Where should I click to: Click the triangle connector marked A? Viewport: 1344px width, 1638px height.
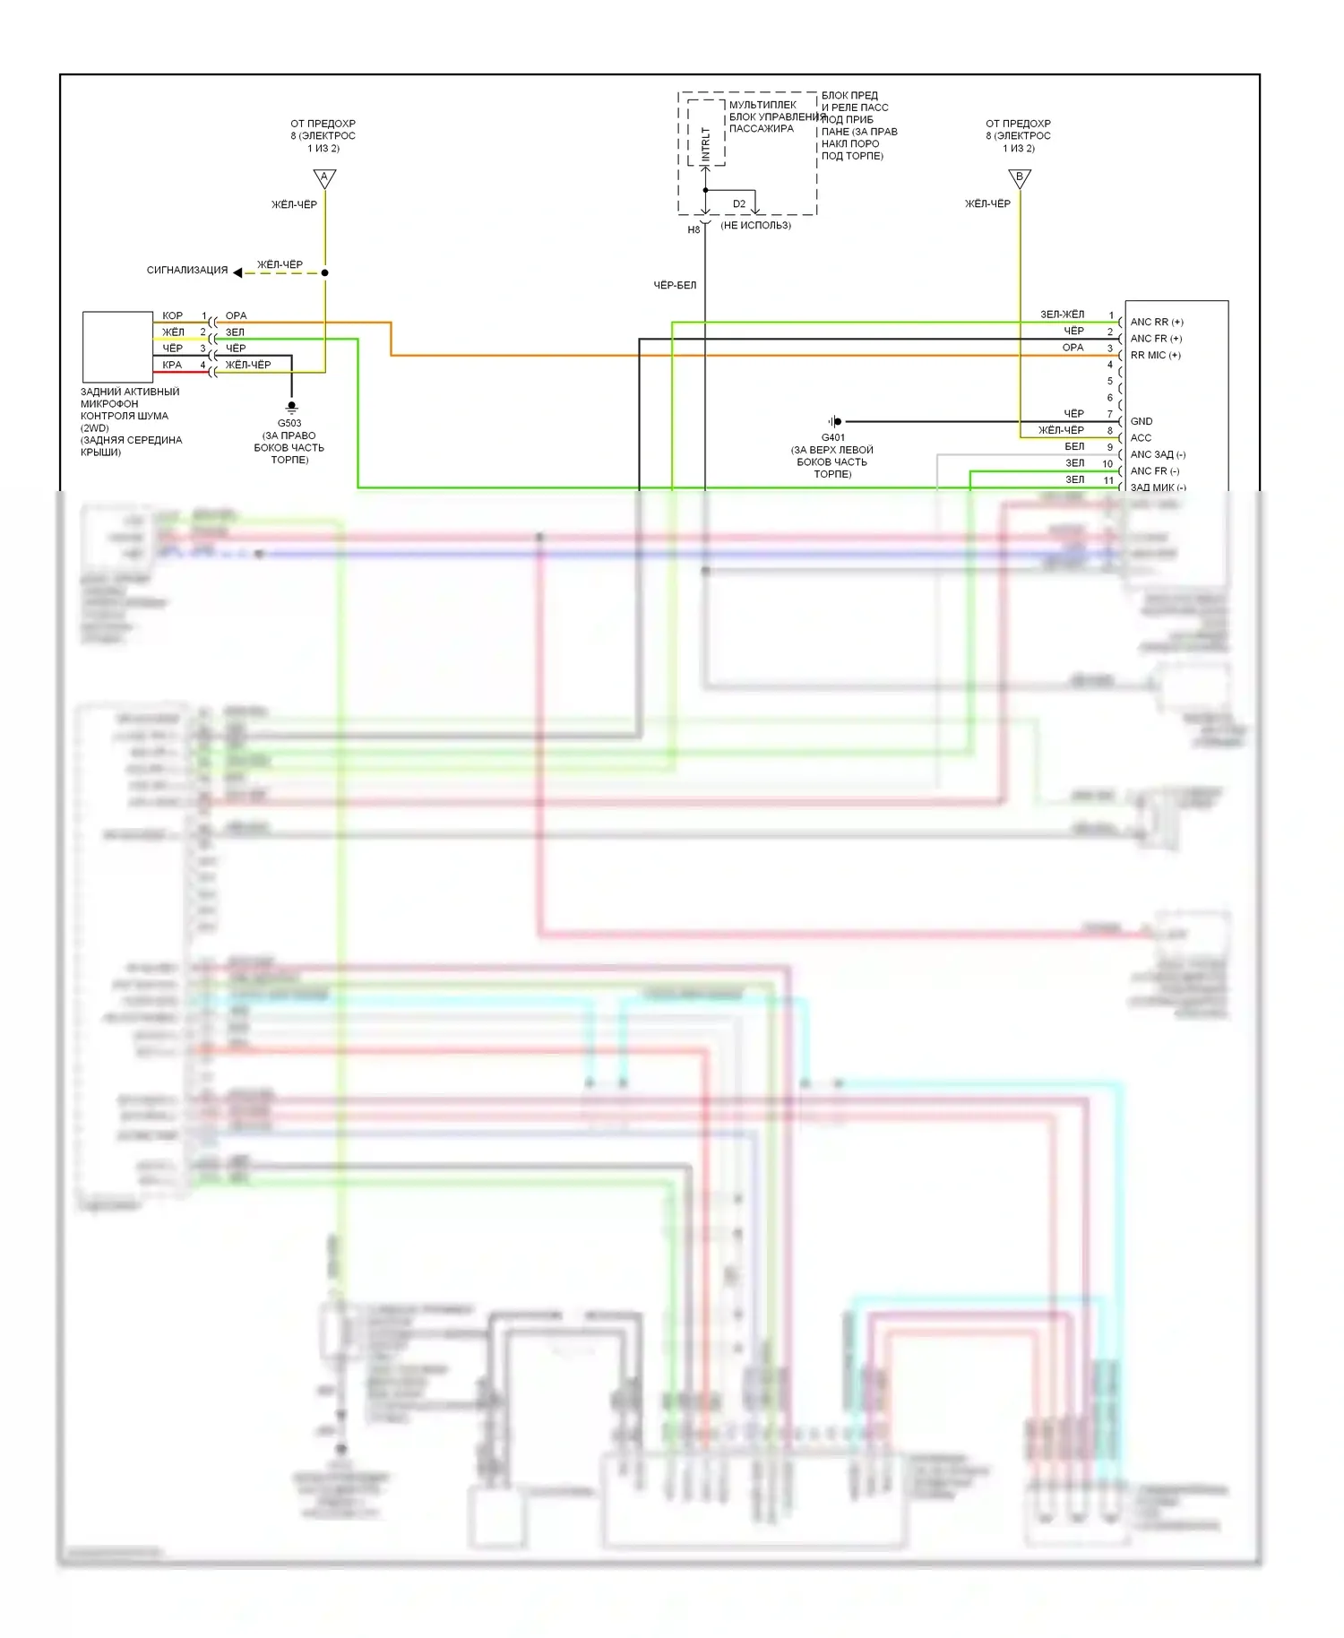point(324,178)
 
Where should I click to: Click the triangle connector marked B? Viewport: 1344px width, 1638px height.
point(1020,178)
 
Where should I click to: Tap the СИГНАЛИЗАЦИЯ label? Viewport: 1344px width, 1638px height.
point(187,270)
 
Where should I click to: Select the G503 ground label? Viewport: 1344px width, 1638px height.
point(289,423)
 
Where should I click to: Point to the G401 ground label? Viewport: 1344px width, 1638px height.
point(832,437)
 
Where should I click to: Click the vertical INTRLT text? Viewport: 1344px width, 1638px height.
point(705,144)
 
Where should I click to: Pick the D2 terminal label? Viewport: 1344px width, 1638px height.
point(739,203)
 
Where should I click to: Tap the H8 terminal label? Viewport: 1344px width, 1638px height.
point(694,230)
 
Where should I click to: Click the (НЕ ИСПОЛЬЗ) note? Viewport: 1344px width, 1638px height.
point(755,226)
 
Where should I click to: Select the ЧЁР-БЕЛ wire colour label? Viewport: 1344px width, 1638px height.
point(675,285)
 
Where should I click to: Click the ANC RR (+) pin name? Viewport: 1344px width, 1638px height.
point(1157,322)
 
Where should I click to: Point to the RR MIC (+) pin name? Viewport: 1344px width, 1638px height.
point(1156,355)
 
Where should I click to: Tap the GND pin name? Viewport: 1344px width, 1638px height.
point(1142,421)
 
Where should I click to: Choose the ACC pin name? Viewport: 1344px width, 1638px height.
point(1141,437)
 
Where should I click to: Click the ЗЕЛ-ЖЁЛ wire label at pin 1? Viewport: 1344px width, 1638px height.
point(1063,315)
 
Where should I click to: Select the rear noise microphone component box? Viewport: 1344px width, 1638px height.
point(117,347)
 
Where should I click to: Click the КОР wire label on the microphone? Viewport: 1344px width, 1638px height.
point(173,315)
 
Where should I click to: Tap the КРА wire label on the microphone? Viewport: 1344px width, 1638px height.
point(172,365)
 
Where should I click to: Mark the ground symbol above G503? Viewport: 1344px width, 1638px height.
point(291,408)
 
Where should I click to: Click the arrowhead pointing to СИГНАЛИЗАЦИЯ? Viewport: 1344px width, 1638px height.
point(237,272)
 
